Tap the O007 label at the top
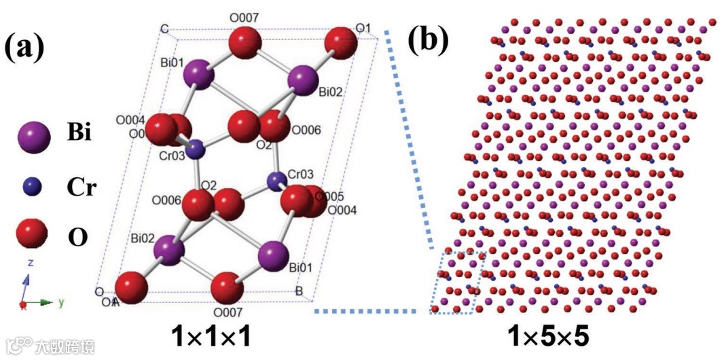(x=244, y=15)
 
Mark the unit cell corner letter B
(x=298, y=292)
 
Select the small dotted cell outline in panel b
(x=458, y=282)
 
